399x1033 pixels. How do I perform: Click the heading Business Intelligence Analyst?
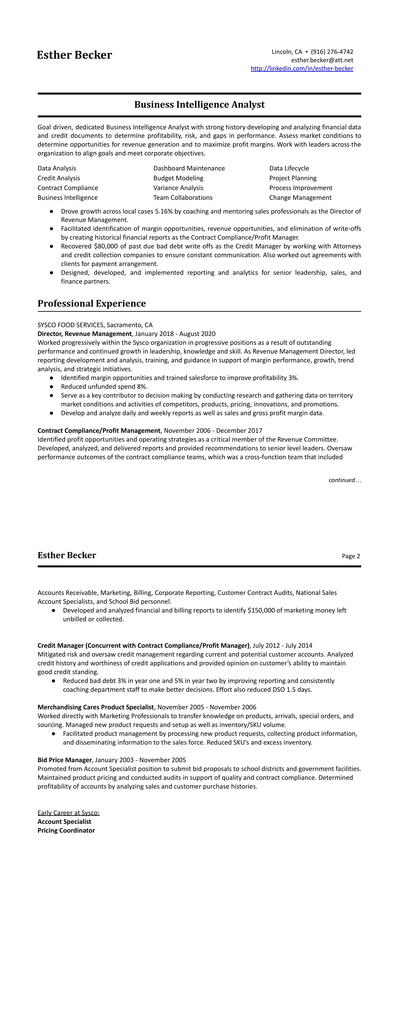point(199,105)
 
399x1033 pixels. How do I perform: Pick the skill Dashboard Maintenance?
point(189,168)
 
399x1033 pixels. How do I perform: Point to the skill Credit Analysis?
point(59,178)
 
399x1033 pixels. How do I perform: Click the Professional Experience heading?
point(92,304)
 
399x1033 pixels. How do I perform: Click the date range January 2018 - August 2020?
point(175,334)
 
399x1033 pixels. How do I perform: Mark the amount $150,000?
point(261,610)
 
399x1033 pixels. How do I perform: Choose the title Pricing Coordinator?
point(66,830)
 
